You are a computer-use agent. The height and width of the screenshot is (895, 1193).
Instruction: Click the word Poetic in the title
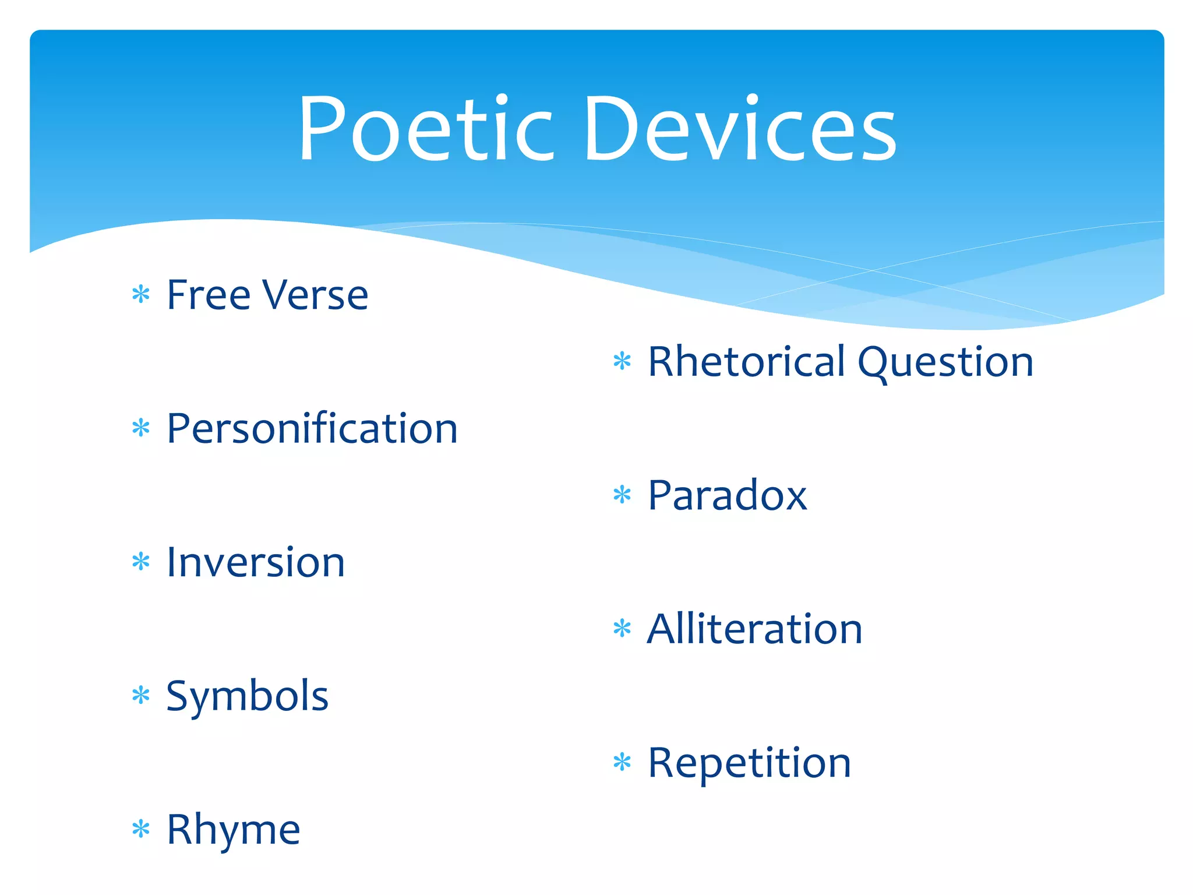[425, 129]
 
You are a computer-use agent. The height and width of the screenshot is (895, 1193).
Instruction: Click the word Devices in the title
[740, 129]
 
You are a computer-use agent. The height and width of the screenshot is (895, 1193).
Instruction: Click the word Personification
[312, 429]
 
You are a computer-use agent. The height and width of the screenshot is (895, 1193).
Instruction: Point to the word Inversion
[256, 563]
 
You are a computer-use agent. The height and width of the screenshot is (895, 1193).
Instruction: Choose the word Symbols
[247, 697]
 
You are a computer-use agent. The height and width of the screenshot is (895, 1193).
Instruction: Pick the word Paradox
[727, 496]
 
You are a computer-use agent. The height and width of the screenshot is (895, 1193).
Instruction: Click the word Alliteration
[754, 630]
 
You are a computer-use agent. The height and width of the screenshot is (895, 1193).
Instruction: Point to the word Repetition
[749, 764]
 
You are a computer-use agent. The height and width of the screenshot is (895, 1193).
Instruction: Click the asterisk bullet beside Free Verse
[141, 294]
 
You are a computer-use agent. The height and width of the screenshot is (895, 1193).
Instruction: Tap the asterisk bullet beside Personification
[141, 428]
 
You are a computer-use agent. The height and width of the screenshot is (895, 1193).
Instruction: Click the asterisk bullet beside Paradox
[622, 495]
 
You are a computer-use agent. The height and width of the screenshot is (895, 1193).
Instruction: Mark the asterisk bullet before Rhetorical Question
[622, 361]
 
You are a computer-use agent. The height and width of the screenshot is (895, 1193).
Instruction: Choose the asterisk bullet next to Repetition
[622, 762]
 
